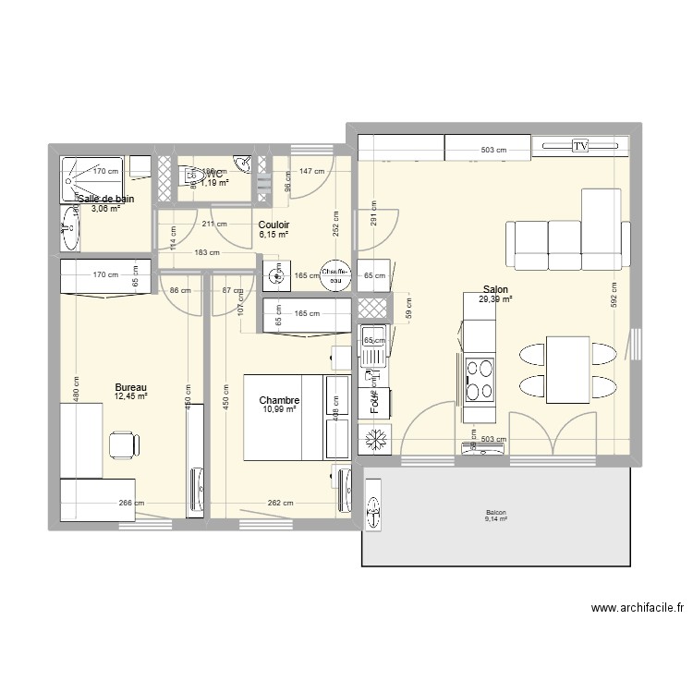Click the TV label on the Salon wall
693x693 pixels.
(x=581, y=147)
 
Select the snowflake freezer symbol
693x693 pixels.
(x=375, y=439)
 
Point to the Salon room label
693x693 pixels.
(x=494, y=288)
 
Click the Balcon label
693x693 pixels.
(x=496, y=514)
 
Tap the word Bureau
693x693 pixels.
(x=130, y=388)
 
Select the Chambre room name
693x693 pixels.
(x=279, y=399)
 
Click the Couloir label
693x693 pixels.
(x=274, y=225)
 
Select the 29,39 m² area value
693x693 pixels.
(x=494, y=298)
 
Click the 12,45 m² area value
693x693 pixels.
(x=130, y=397)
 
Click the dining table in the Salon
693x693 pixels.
(x=567, y=369)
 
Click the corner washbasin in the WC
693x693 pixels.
(x=242, y=164)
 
